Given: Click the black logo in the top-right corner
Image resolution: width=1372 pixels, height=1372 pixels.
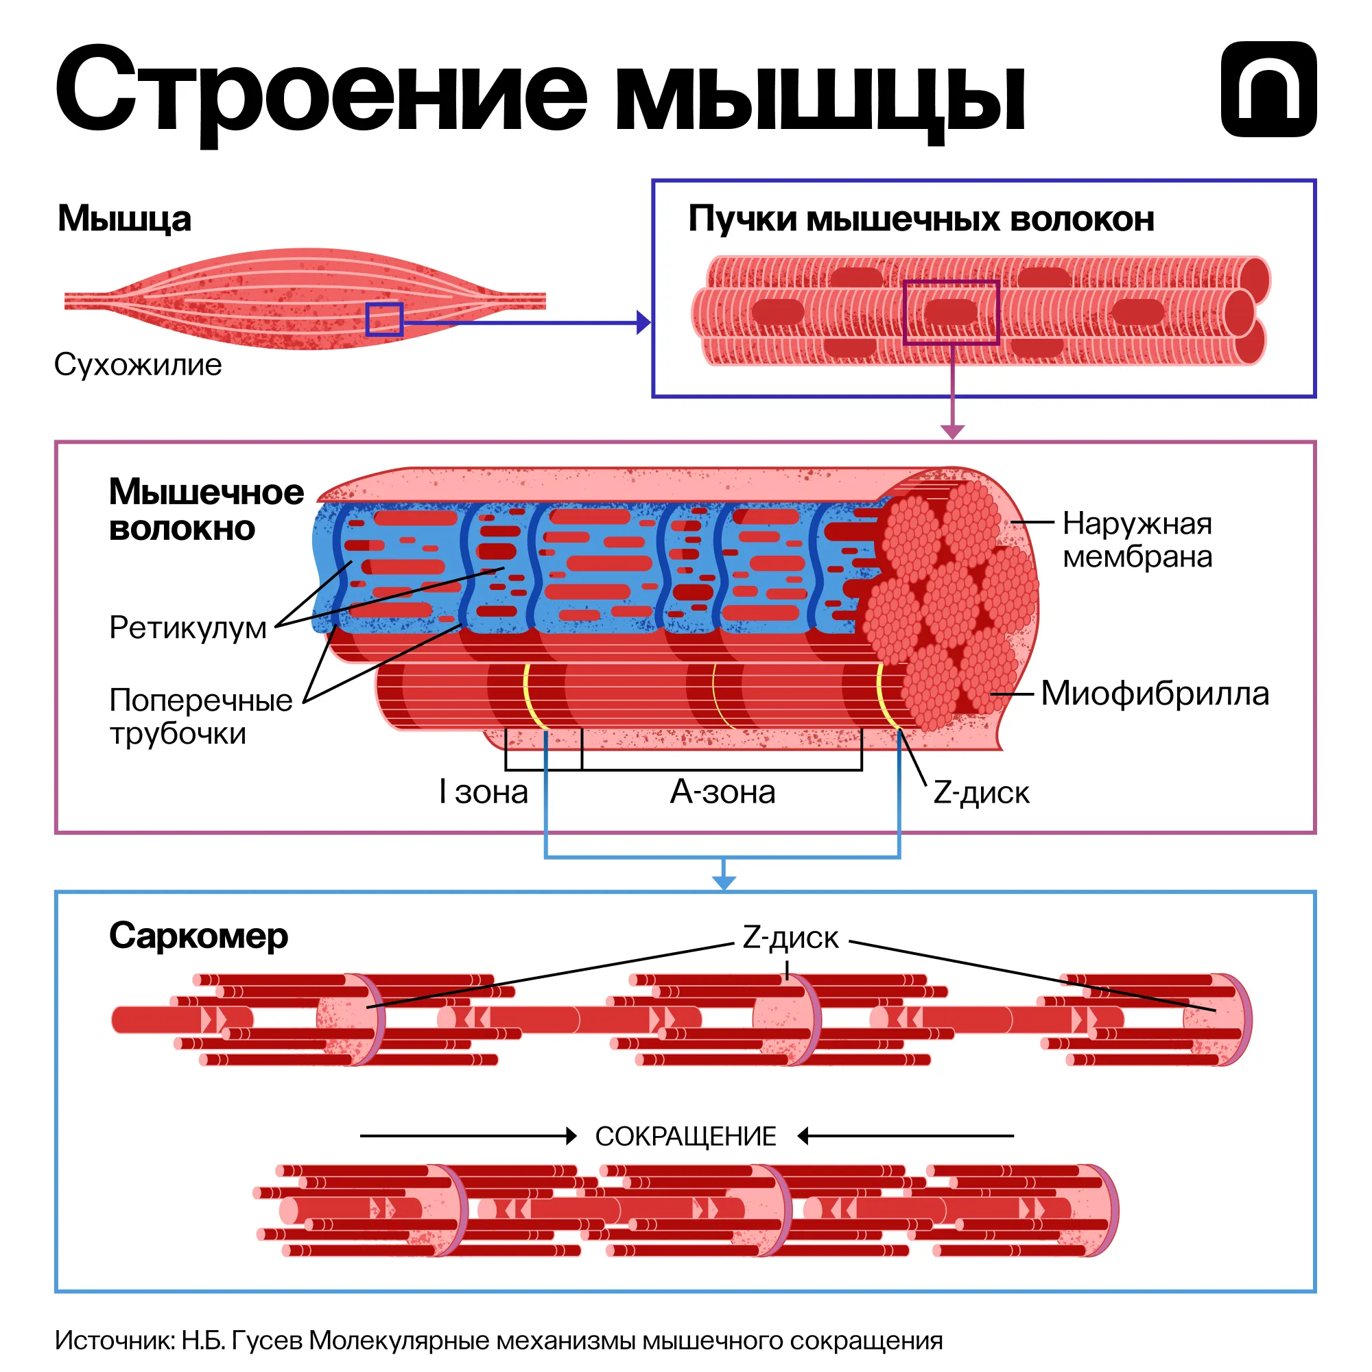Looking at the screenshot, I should (x=1268, y=88).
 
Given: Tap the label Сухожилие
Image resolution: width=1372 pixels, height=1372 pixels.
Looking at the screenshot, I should (x=138, y=365).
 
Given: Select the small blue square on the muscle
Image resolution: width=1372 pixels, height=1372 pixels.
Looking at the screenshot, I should (x=384, y=319).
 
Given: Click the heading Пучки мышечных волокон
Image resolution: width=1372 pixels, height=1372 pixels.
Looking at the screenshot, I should (x=921, y=219).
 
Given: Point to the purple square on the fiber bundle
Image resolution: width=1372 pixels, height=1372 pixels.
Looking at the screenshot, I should (x=951, y=312).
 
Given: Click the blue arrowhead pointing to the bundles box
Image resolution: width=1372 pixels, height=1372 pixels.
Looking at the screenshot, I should (x=643, y=322).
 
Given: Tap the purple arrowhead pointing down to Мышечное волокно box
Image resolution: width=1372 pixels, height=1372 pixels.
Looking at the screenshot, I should (x=951, y=431).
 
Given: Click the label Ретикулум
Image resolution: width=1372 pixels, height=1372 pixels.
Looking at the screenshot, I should (x=187, y=628).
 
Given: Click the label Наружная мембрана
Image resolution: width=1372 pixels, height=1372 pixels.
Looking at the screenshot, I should (x=1137, y=541).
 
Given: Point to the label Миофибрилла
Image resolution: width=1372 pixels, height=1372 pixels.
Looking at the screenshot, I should (x=1155, y=694).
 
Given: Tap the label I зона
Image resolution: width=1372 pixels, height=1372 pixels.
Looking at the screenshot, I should (x=484, y=792).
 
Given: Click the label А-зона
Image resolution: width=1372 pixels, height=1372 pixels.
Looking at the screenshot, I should (x=722, y=792).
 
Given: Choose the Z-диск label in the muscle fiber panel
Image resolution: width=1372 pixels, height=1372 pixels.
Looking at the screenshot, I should (x=981, y=792).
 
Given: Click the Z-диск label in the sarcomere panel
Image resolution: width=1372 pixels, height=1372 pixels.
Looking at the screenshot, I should (x=790, y=937).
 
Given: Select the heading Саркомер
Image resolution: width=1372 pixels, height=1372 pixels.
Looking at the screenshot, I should (x=198, y=935).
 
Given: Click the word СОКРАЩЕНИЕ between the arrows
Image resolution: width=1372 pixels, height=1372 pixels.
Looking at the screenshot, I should (x=685, y=1136).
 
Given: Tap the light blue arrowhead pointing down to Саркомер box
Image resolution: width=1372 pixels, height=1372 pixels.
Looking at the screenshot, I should (x=723, y=882).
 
